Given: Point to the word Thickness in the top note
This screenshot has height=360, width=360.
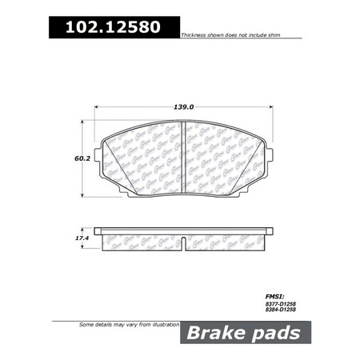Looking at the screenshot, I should point(196,37).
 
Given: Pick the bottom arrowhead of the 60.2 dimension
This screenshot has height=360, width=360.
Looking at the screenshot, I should point(84,197).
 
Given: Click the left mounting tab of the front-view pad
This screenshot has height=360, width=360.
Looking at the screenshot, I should point(99,152).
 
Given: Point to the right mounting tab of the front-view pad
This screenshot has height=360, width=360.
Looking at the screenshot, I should point(270,152).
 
